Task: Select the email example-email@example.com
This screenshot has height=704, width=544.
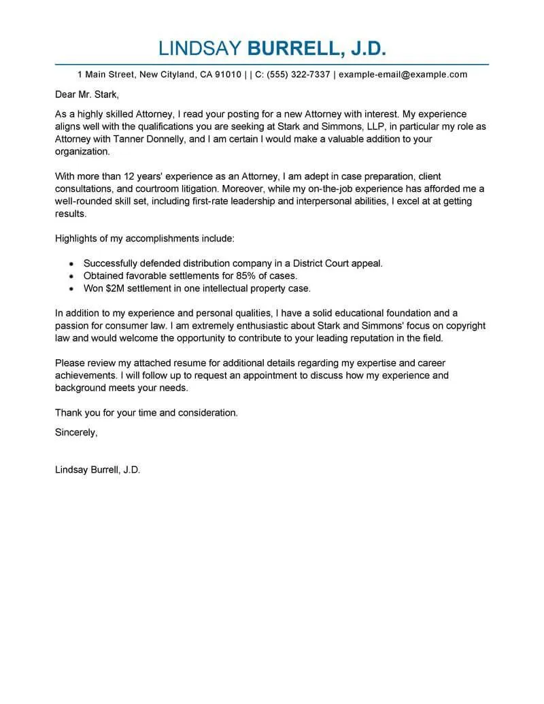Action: point(403,74)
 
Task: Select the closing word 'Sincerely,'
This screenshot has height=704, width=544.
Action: point(75,432)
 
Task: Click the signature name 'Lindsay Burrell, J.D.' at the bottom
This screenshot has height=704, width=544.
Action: point(97,470)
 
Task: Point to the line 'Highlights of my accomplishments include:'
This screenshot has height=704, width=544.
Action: point(144,238)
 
